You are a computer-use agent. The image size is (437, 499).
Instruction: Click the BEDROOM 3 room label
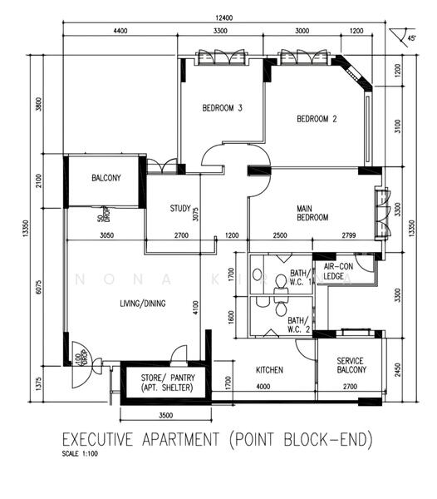click(x=223, y=108)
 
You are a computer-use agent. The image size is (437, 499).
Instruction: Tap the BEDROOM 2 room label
click(x=317, y=118)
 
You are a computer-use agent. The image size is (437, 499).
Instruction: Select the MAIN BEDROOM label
click(x=312, y=212)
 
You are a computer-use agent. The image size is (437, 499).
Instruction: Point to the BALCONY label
click(x=106, y=178)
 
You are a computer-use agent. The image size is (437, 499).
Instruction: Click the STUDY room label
click(x=180, y=209)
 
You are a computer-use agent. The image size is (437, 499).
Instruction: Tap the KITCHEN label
click(x=269, y=369)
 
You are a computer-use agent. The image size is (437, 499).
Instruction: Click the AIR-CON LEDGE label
click(x=334, y=272)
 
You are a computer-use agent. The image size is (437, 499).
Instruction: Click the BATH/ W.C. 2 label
click(x=297, y=324)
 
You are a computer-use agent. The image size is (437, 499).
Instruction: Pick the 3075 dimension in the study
click(x=196, y=214)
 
